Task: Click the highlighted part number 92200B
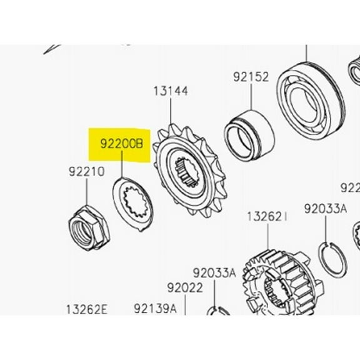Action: point(121,145)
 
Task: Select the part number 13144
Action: point(171,91)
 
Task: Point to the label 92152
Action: point(251,77)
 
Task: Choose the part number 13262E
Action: point(87,309)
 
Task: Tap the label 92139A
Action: point(155,309)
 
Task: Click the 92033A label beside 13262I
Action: point(326,209)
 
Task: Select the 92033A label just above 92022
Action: point(214,272)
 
